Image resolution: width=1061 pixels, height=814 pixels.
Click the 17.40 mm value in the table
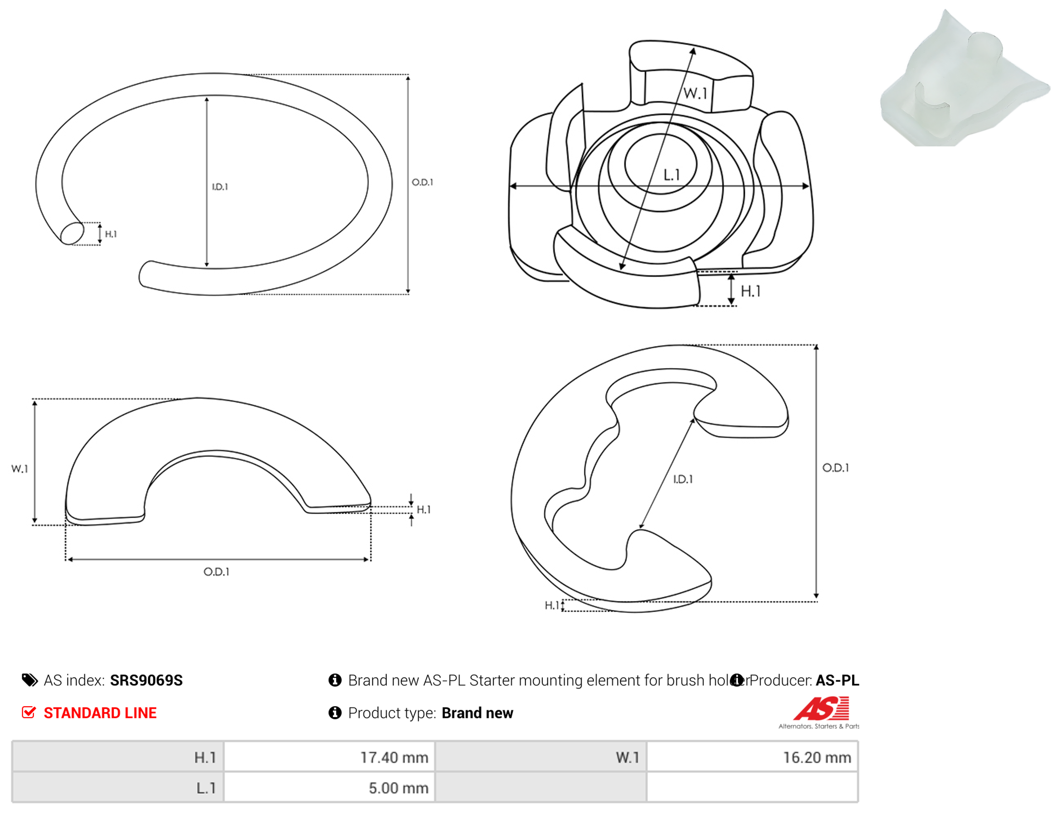coord(394,757)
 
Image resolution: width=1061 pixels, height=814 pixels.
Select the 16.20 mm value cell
coord(752,757)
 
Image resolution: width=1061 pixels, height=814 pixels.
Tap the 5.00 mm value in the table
coord(398,788)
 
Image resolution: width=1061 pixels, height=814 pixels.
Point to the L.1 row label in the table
coord(206,788)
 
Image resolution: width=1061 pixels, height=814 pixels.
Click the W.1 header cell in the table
coord(540,757)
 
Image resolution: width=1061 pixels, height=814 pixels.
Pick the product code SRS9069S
coord(146,680)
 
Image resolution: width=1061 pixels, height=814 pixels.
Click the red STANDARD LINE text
coord(100,713)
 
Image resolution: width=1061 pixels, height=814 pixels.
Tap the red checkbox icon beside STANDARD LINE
coord(29,712)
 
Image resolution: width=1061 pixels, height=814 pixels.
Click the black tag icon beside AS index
coord(29,680)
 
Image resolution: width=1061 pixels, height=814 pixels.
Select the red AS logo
coord(821,708)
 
